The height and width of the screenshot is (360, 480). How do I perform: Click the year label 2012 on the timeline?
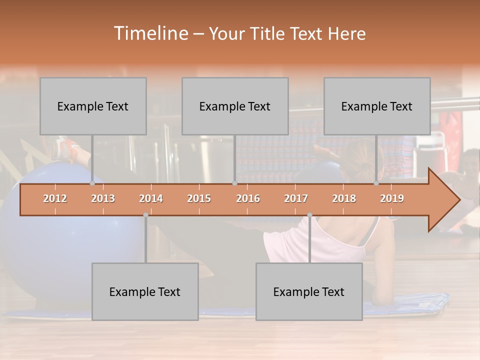coord(55,199)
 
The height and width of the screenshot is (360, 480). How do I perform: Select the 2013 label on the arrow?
coord(103,199)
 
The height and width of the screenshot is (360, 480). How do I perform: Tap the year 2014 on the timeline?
coord(151,199)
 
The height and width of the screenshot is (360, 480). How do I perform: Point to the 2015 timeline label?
coord(199,199)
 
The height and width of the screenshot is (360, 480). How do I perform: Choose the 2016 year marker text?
coord(248,199)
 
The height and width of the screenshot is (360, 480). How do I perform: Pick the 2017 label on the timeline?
coord(296,199)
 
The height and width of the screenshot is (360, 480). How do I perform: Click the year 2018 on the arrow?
coord(344,199)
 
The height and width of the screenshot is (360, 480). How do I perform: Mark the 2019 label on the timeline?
coord(392,199)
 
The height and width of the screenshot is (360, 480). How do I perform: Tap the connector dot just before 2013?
coord(92,183)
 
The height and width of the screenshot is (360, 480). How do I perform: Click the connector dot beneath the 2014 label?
coord(145,215)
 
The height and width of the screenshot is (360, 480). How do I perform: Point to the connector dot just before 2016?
coord(234,183)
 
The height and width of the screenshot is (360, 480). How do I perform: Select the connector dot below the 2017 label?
coord(309,215)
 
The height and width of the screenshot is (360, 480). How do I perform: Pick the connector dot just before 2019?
coord(376,183)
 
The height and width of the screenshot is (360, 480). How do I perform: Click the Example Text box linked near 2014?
coord(145,291)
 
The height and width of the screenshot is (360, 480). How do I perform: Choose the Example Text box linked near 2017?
coord(309,291)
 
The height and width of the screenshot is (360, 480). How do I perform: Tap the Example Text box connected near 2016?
coord(235,106)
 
